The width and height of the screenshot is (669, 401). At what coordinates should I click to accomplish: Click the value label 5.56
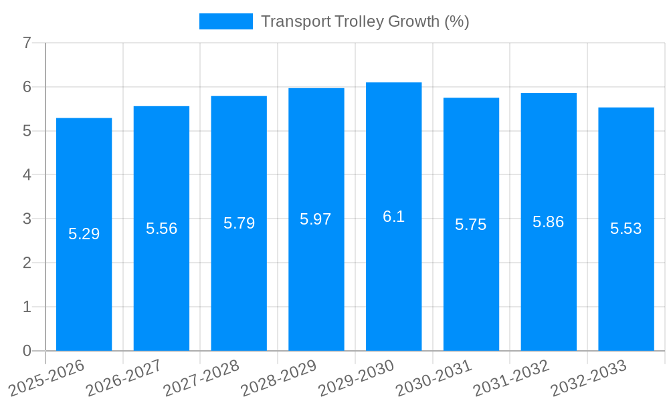pos(161,229)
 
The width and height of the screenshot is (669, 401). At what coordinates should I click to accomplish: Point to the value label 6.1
pos(393,217)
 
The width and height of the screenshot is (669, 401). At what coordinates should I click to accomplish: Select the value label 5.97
pos(316,219)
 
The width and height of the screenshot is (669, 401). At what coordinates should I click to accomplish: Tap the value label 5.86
pos(548,222)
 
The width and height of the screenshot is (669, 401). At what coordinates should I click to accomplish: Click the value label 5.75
pos(471,225)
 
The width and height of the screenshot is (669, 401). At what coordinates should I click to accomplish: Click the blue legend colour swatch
pos(225,21)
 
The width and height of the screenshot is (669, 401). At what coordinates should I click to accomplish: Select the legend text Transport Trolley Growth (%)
pos(365,21)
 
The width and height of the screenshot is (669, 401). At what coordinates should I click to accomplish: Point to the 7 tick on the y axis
pos(27,43)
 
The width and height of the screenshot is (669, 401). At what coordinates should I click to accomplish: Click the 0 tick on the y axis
pos(27,351)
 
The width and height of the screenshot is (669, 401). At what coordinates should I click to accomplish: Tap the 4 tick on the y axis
pos(27,175)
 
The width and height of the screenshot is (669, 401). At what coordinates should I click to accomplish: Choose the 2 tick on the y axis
pos(27,263)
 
